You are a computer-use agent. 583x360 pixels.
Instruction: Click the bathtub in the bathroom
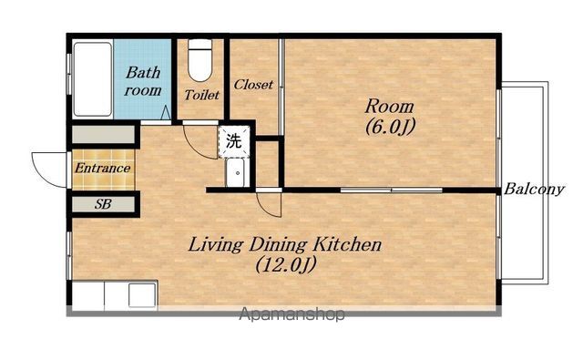[93, 79]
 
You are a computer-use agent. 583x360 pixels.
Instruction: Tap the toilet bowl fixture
[199, 60]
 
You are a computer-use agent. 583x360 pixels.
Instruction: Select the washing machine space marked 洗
[234, 141]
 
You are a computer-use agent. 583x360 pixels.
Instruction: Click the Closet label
[253, 85]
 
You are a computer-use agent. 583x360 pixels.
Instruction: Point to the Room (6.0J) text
[389, 116]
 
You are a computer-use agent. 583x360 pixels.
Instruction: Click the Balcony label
[534, 190]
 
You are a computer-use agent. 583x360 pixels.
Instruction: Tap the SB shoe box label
[103, 204]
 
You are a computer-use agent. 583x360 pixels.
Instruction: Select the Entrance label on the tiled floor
[103, 168]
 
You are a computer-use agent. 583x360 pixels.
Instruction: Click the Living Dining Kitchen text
[285, 245]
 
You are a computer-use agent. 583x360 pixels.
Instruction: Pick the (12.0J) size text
[285, 265]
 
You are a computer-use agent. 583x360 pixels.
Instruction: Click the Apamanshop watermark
[291, 314]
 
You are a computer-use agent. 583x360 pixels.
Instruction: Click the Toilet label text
[202, 95]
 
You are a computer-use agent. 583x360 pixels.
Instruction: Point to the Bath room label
[143, 81]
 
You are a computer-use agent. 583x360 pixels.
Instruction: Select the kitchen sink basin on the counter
[142, 295]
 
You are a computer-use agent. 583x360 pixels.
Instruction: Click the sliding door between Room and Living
[392, 190]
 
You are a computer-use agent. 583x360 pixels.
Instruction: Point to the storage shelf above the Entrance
[103, 134]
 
